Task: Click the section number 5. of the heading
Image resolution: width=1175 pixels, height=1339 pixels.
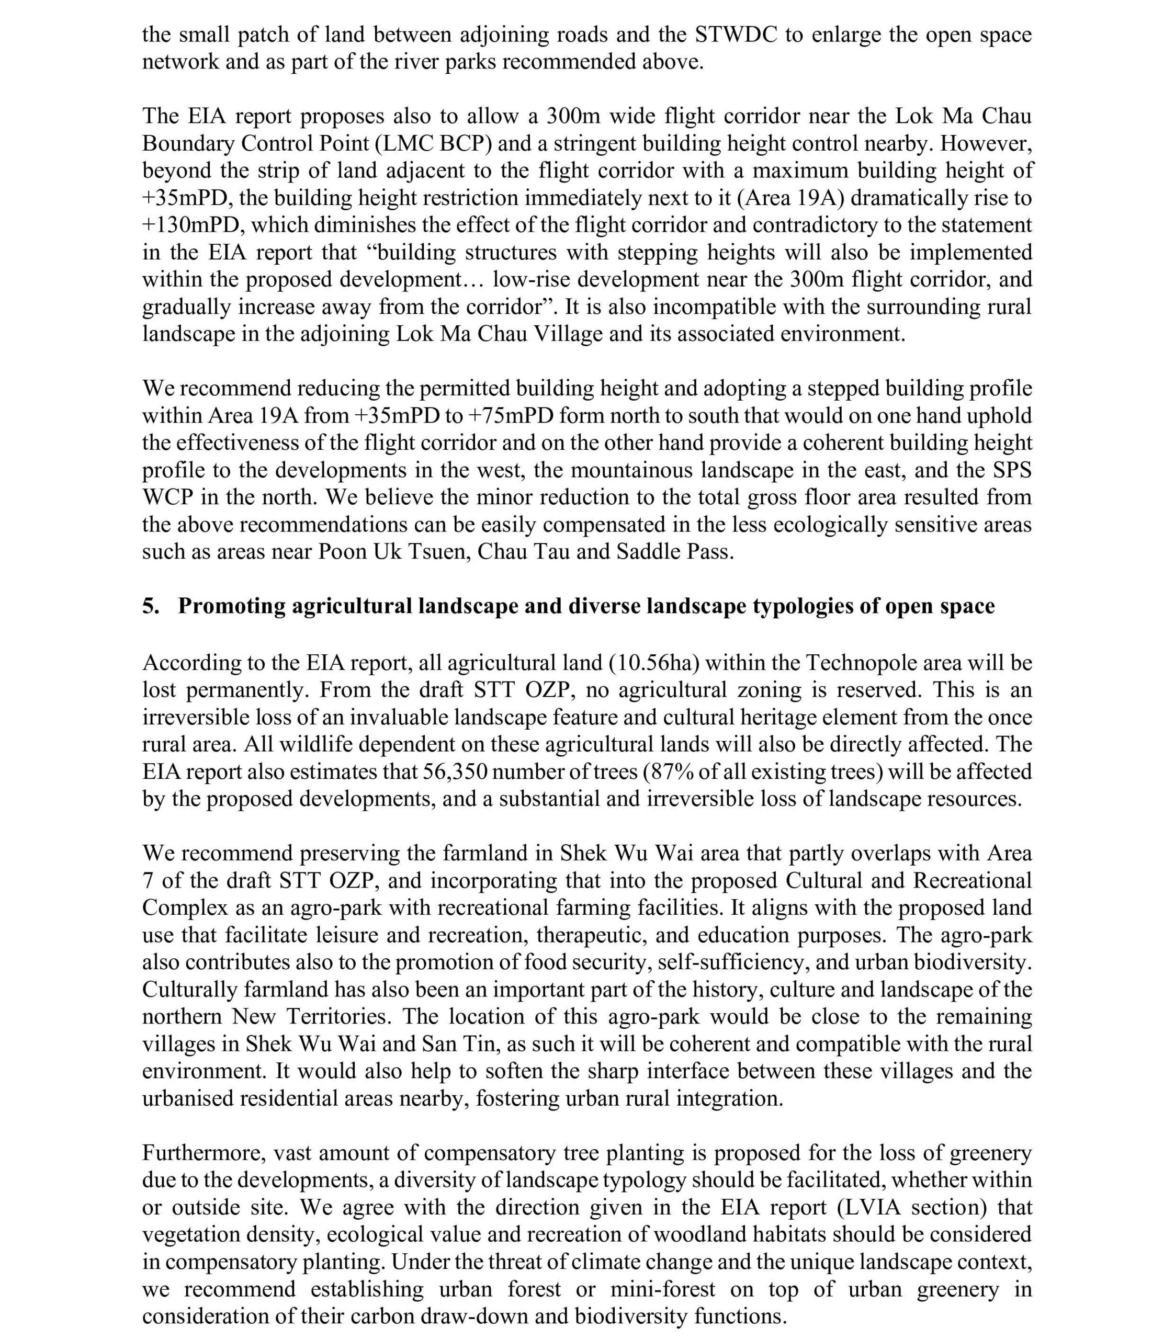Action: point(151,606)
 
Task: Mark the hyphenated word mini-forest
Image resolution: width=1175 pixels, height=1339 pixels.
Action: point(662,1289)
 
